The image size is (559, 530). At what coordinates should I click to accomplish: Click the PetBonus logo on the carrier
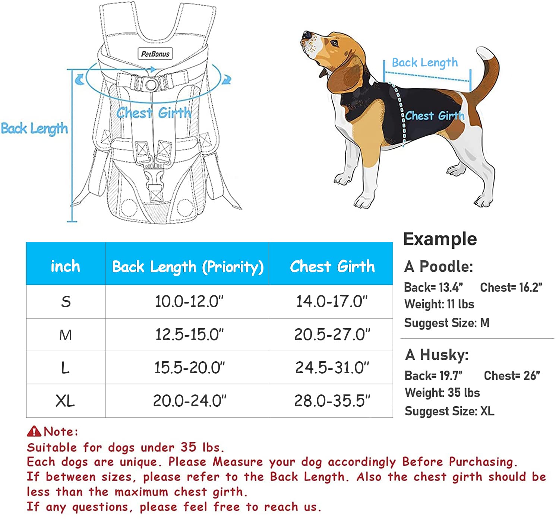155,54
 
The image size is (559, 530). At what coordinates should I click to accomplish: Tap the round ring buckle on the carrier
151,85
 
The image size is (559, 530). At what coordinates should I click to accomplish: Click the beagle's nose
306,35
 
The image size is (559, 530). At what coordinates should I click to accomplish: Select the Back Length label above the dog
424,63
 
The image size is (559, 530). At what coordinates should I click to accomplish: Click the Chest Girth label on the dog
435,116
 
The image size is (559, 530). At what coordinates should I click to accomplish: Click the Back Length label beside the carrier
34,128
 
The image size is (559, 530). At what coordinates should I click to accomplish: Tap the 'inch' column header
65,266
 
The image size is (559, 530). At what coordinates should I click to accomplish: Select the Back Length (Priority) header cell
187,267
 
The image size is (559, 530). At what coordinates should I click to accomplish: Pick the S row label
66,302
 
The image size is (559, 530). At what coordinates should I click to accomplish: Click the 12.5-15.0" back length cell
189,334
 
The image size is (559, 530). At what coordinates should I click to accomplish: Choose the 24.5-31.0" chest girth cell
332,368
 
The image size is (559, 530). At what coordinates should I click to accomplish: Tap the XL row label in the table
65,401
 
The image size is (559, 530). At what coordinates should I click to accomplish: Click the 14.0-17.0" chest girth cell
332,301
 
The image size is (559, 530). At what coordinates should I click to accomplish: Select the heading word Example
440,239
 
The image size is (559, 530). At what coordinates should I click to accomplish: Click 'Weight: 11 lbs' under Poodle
439,304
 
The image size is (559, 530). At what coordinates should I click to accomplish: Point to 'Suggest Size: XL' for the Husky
449,411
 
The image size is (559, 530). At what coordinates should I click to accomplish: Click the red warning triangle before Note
34,431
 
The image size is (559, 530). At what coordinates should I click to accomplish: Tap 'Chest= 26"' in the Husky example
512,376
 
